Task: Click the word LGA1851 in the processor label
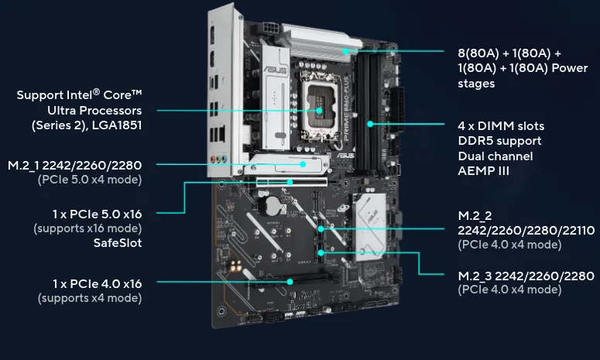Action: pos(117,125)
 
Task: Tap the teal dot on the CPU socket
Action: pos(319,111)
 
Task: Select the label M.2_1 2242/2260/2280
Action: pos(74,165)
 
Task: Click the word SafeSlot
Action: pos(118,242)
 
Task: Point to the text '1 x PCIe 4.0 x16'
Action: pos(98,284)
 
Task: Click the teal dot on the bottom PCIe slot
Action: pos(290,282)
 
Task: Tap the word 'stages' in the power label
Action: pos(476,84)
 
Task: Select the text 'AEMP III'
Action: pos(484,170)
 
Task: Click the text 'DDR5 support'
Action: pos(499,141)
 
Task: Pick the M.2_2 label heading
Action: pos(475,216)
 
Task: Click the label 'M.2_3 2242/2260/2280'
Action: pos(526,276)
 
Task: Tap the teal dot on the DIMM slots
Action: pos(370,124)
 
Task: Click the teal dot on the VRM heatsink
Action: pos(345,51)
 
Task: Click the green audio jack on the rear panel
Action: pos(218,159)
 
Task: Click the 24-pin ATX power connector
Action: pos(398,109)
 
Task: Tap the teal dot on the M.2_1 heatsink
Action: pos(303,164)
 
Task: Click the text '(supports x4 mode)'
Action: pos(90,298)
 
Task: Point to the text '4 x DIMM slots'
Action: pos(501,126)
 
